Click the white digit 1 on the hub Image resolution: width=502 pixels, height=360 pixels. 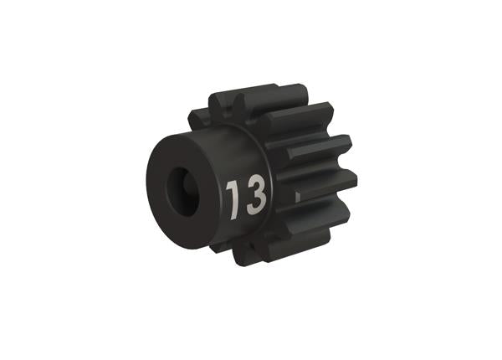point(233,197)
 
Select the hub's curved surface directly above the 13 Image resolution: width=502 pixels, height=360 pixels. point(243,151)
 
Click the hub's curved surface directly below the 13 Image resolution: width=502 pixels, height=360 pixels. point(243,234)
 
